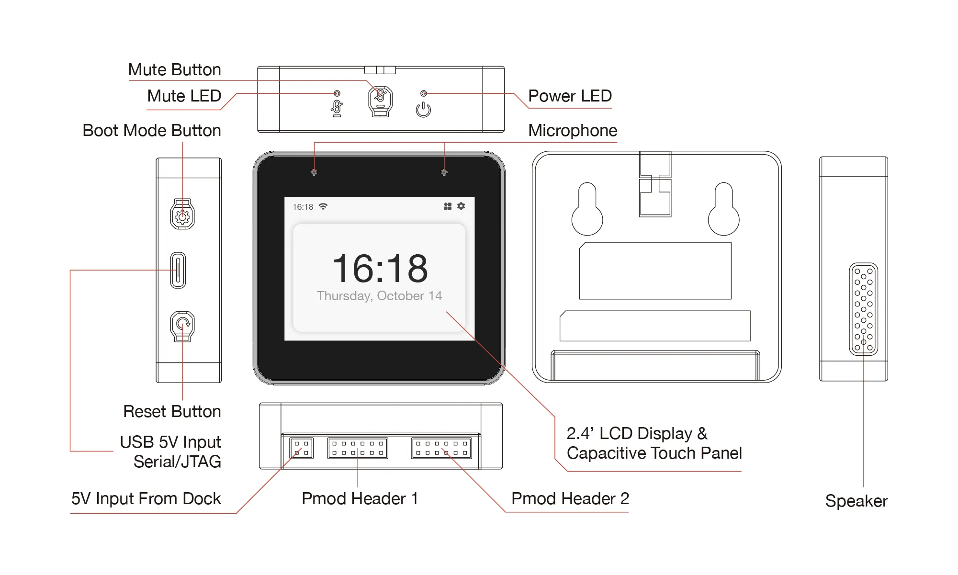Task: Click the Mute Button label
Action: point(174,70)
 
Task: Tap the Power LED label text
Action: point(570,96)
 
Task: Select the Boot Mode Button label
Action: point(151,130)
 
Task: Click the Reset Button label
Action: point(172,411)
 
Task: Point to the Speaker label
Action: point(856,501)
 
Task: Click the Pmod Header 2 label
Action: point(570,498)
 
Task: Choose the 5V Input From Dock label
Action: point(146,498)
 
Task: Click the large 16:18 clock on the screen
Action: point(380,269)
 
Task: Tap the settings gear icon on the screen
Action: point(461,206)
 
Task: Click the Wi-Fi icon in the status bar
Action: point(323,206)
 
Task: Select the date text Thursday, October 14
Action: point(379,296)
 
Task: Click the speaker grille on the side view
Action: point(863,309)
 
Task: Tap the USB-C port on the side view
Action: point(178,270)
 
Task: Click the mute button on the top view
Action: point(380,101)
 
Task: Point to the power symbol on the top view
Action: point(423,110)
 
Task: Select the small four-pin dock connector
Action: point(301,448)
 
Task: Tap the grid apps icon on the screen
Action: point(448,206)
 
